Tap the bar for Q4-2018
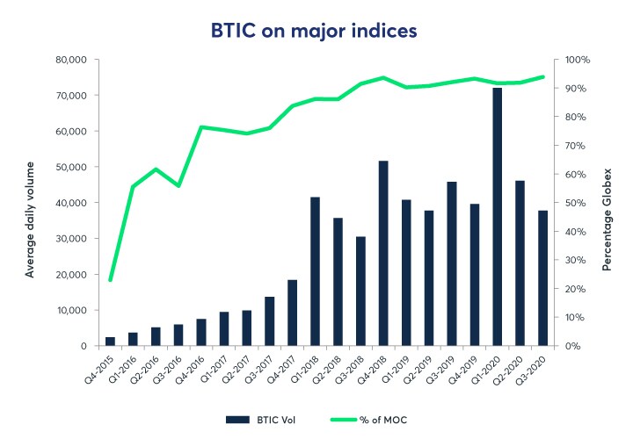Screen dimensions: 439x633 click(x=383, y=254)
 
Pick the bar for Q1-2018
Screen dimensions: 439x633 click(x=315, y=271)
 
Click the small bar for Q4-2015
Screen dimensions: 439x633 click(x=110, y=342)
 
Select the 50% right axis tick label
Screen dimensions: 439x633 click(x=574, y=203)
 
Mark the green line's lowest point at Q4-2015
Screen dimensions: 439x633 click(x=110, y=280)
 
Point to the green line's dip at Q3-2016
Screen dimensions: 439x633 click(x=178, y=186)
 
